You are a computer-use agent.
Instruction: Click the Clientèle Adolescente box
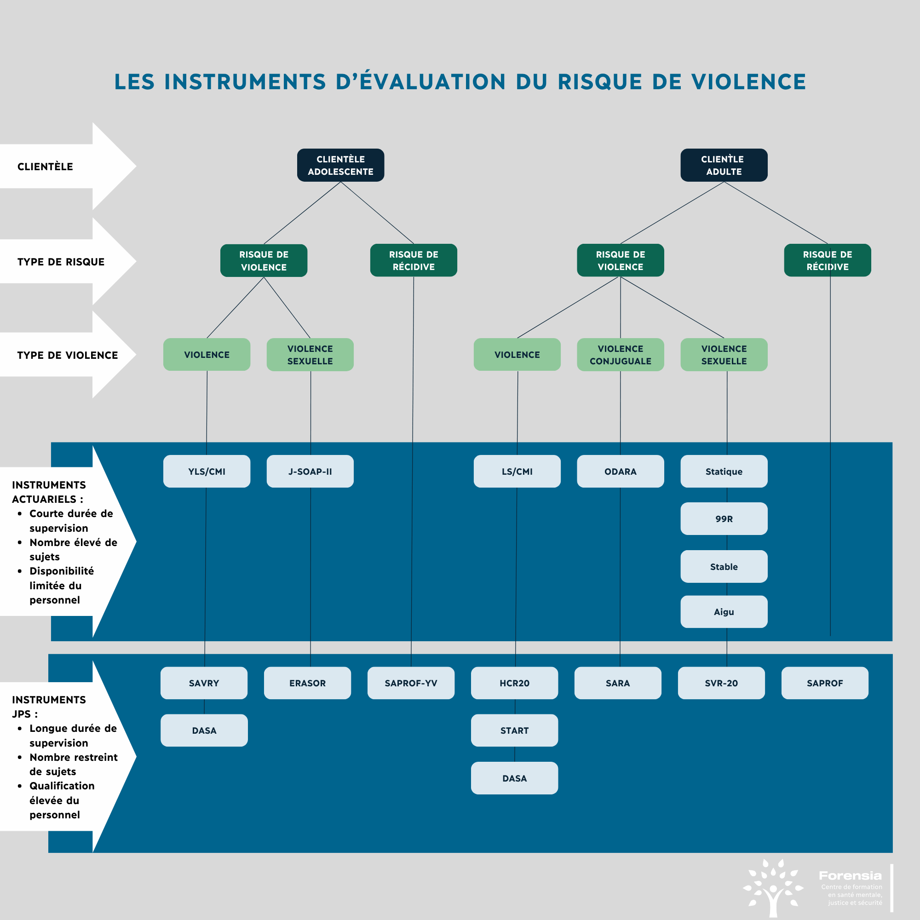(340, 165)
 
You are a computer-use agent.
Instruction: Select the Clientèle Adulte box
(723, 165)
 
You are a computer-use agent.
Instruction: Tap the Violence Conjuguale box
(620, 355)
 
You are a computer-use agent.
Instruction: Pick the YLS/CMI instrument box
(207, 471)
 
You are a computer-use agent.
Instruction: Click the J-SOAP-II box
(310, 471)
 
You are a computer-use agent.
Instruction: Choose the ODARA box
(620, 471)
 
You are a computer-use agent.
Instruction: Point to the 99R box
(723, 518)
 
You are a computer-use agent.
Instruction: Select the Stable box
(723, 567)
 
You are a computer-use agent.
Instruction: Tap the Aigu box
(723, 612)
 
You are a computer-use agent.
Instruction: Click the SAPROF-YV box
(410, 683)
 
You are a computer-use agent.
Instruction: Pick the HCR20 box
(514, 683)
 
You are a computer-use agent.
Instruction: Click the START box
(514, 730)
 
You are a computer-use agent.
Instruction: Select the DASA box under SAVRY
(204, 730)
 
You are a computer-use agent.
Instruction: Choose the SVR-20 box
(721, 683)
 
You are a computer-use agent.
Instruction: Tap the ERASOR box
(307, 683)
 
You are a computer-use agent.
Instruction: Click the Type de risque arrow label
(61, 262)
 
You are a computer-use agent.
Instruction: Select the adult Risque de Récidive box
(827, 260)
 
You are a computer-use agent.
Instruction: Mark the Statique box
(723, 471)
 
